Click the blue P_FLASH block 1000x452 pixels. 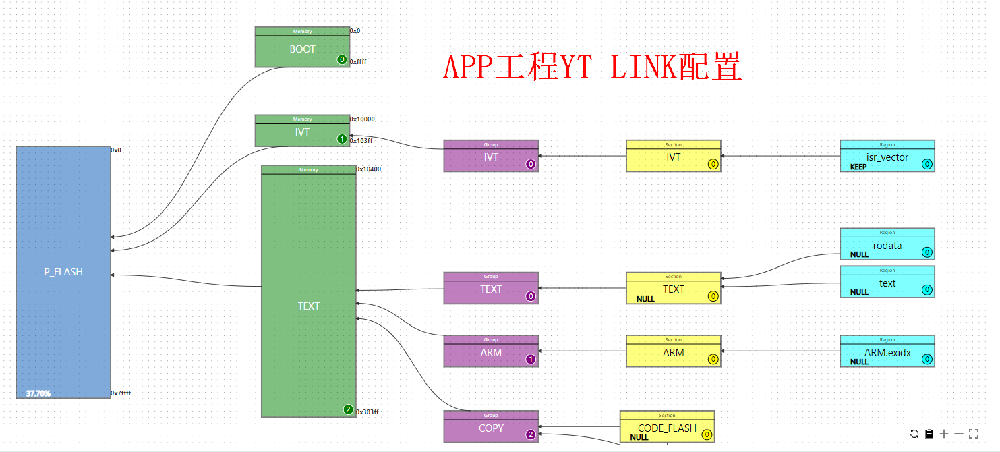[63, 272]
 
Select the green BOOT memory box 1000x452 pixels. [302, 49]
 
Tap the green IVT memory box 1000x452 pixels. [302, 132]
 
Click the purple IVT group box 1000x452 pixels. [491, 157]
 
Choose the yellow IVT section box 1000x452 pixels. [673, 157]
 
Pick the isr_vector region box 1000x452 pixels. [887, 158]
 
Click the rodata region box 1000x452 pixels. [887, 246]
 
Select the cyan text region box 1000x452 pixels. [887, 284]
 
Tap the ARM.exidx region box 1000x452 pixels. [887, 353]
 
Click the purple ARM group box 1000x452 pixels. [491, 353]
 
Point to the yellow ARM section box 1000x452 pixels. [673, 353]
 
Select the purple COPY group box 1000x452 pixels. [491, 428]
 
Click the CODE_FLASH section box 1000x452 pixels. [666, 428]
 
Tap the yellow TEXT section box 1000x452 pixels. [673, 289]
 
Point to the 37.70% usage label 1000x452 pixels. [38, 393]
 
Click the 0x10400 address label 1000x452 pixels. [368, 169]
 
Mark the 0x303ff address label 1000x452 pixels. [368, 412]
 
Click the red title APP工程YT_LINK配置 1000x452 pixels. [593, 68]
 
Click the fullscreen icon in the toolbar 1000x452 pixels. [973, 434]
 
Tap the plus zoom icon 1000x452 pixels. [944, 434]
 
